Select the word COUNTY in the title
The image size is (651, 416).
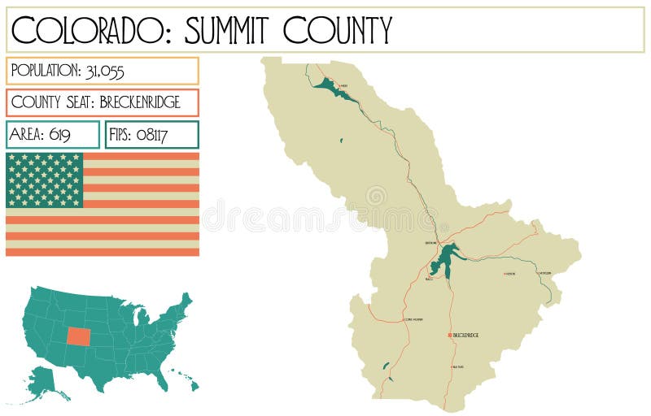click(x=338, y=30)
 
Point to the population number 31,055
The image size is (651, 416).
click(x=104, y=71)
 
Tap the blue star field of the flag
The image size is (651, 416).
click(x=45, y=180)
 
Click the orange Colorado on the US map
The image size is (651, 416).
click(x=80, y=336)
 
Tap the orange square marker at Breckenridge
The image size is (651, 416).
click(x=448, y=335)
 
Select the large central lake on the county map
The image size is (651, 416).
click(x=444, y=260)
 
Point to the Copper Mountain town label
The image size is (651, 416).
click(x=414, y=319)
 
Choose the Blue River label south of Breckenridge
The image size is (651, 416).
click(x=457, y=367)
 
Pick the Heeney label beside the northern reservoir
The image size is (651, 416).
click(x=343, y=85)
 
